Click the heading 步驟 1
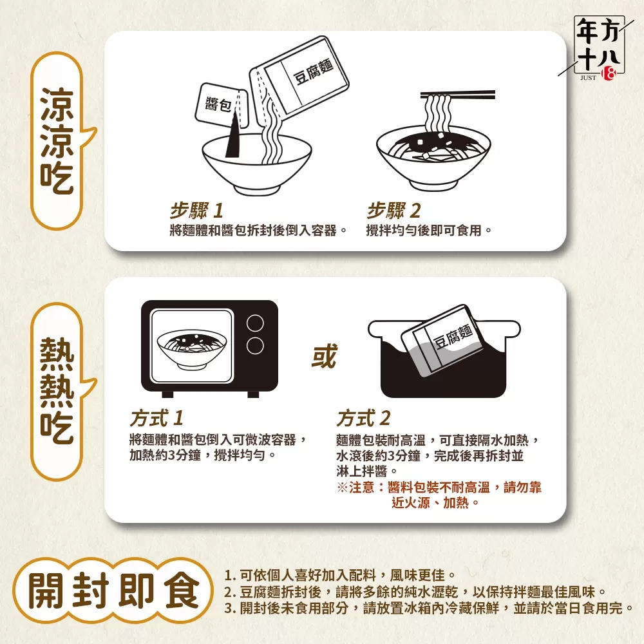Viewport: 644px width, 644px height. pyautogui.click(x=196, y=211)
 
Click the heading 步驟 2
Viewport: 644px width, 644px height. pyautogui.click(x=393, y=211)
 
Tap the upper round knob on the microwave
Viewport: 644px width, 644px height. pyautogui.click(x=256, y=323)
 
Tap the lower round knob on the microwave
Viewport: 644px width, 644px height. pyautogui.click(x=256, y=345)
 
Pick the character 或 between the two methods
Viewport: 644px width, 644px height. pyautogui.click(x=323, y=356)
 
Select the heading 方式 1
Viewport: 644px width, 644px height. pyautogui.click(x=156, y=419)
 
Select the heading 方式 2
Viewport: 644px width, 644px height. pyautogui.click(x=363, y=419)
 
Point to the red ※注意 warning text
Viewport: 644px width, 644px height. pyautogui.click(x=439, y=495)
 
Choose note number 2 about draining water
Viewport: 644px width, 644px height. pyautogui.click(x=415, y=592)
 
